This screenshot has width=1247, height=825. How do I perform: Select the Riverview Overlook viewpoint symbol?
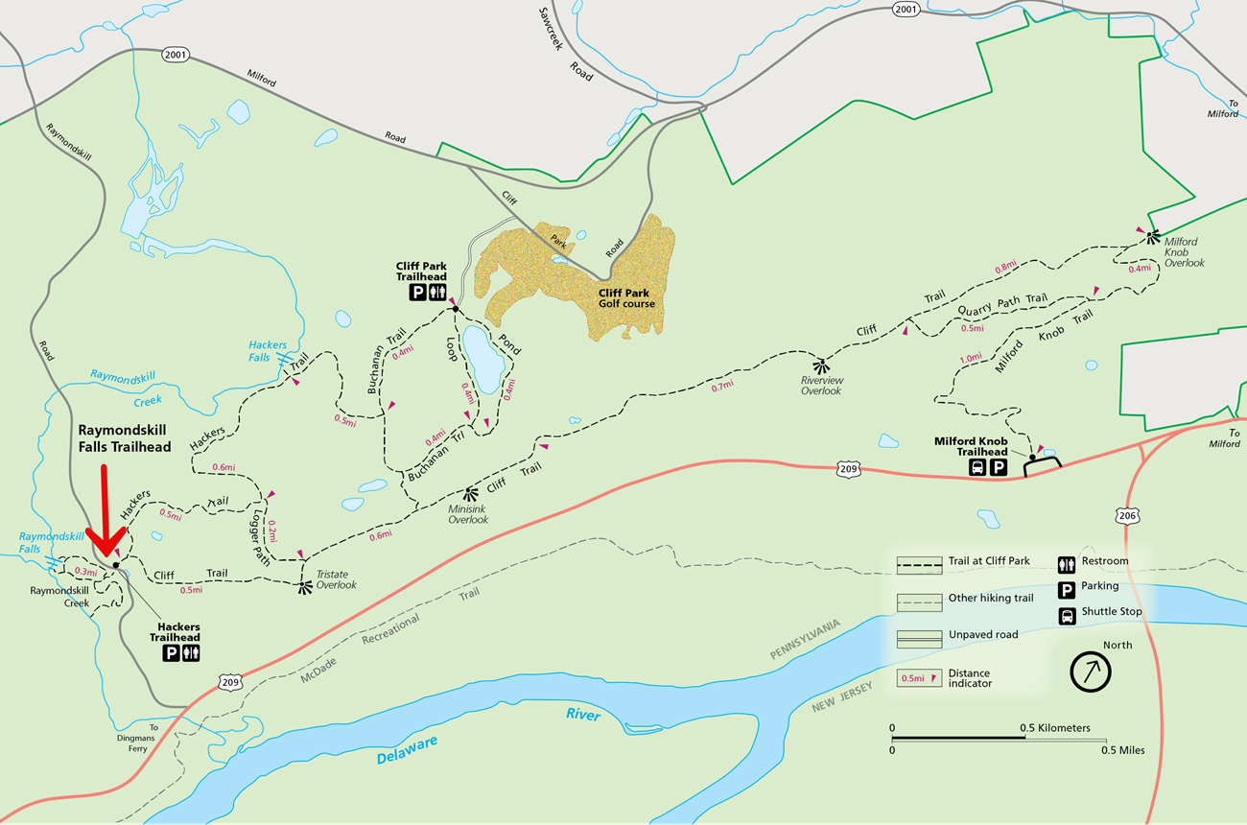819,365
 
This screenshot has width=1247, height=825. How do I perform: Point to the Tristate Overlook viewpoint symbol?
305,586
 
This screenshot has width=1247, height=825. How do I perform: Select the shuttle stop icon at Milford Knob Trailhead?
977,468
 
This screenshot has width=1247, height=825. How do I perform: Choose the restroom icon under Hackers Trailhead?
191,653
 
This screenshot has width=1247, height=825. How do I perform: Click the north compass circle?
1091,672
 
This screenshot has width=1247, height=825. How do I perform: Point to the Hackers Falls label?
268,351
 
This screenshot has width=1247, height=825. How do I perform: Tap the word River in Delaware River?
582,716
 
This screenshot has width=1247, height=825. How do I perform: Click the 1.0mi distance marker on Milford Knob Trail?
970,359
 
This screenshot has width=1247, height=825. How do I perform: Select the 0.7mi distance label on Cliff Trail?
722,385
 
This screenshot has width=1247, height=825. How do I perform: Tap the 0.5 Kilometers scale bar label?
1056,728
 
